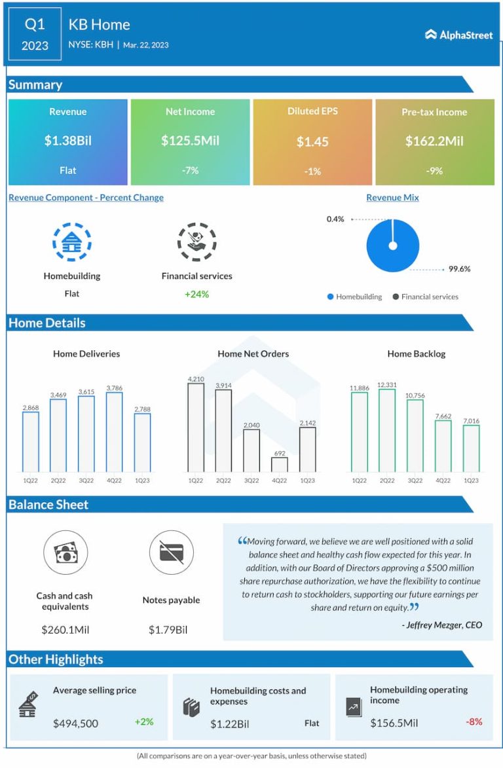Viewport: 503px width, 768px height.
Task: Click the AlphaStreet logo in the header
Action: pyautogui.click(x=458, y=35)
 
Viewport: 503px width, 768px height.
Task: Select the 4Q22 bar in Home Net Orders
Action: pyautogui.click(x=279, y=464)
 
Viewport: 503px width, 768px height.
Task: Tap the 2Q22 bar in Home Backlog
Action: pyautogui.click(x=387, y=430)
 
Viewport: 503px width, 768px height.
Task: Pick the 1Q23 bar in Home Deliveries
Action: pyautogui.click(x=142, y=443)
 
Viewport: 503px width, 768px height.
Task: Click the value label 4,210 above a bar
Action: pyautogui.click(x=196, y=378)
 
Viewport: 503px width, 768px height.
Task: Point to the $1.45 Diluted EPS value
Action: pyautogui.click(x=312, y=141)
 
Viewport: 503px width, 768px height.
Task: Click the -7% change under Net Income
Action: pyautogui.click(x=190, y=170)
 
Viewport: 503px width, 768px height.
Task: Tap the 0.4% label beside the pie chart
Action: pyautogui.click(x=335, y=219)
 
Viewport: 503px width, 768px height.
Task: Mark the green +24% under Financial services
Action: pyautogui.click(x=196, y=294)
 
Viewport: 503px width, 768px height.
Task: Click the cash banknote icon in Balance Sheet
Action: pyautogui.click(x=65, y=553)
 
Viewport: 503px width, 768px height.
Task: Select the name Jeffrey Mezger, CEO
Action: pyautogui.click(x=442, y=625)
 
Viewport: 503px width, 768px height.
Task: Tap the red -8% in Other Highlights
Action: pyautogui.click(x=474, y=722)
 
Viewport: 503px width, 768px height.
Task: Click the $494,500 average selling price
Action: pyautogui.click(x=76, y=723)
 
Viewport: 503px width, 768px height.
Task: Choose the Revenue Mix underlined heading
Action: pyautogui.click(x=392, y=197)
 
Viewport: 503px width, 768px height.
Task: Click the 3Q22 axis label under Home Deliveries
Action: pyautogui.click(x=86, y=480)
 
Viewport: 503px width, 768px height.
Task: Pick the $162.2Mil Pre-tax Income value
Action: pyautogui.click(x=434, y=141)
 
